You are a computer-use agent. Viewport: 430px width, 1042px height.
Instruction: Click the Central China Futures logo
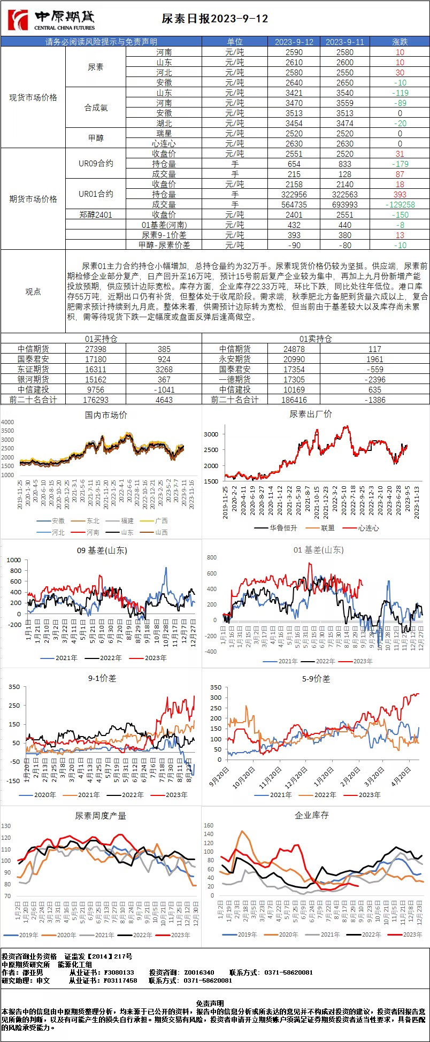tap(51, 20)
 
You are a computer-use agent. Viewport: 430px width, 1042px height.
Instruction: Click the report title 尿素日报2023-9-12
tap(215, 19)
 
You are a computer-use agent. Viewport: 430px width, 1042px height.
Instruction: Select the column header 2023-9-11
tap(344, 42)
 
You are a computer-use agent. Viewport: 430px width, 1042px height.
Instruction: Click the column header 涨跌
tap(400, 42)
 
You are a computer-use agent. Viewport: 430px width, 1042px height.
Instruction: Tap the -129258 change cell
tap(400, 204)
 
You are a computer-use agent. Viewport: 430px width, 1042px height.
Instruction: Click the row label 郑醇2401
tap(96, 214)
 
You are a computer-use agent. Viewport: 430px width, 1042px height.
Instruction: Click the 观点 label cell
tap(33, 292)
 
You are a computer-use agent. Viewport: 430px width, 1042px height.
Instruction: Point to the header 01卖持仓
tap(316, 339)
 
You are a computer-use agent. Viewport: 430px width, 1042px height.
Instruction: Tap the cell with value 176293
tap(96, 400)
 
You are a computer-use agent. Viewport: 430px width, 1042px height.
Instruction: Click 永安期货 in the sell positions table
tap(234, 359)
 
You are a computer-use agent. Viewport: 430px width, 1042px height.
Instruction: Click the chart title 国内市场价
tap(106, 415)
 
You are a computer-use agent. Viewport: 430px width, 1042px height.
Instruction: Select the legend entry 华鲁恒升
tap(280, 527)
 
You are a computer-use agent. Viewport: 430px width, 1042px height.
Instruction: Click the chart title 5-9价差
tap(316, 679)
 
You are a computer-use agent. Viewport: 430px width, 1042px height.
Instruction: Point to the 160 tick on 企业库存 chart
tap(209, 826)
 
